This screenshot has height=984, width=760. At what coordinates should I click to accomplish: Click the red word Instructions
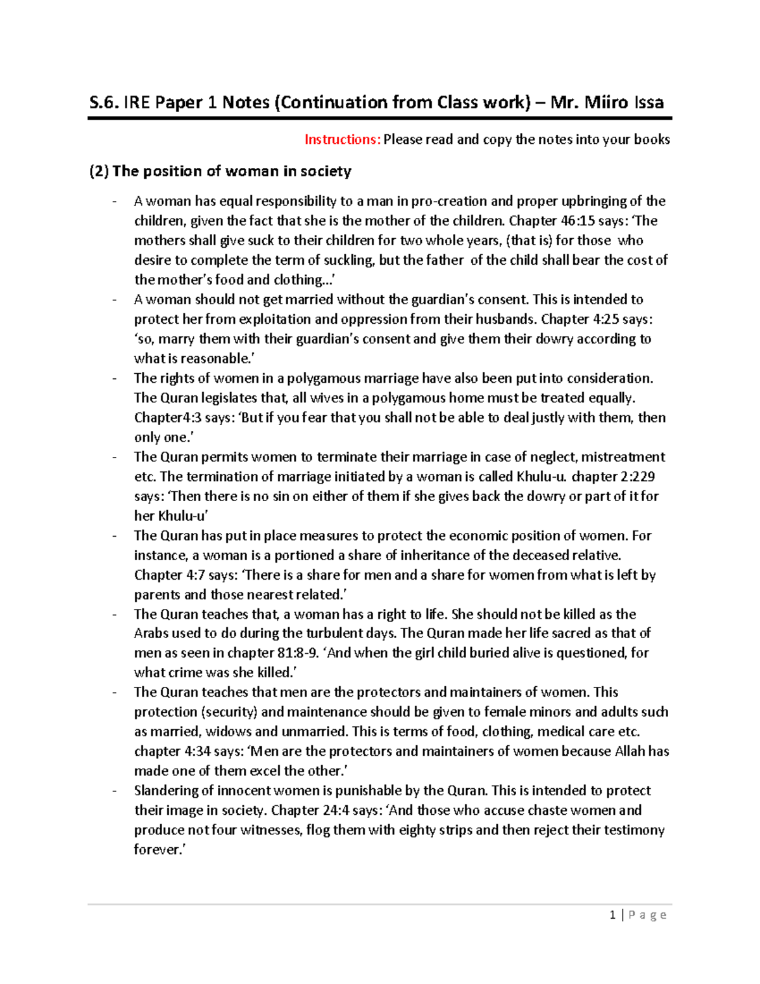click(x=342, y=139)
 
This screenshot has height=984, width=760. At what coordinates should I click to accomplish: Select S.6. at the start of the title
click(x=104, y=103)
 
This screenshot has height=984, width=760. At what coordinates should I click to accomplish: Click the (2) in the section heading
click(x=99, y=171)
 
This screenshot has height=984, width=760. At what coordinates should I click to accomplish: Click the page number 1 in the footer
click(x=612, y=915)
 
